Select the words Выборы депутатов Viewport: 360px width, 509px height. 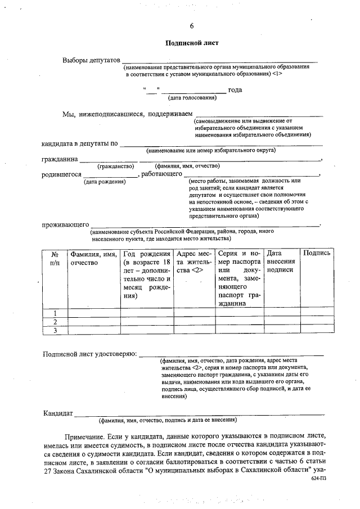(91, 60)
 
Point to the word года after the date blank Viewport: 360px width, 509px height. (235, 91)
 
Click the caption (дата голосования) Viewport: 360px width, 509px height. (192, 98)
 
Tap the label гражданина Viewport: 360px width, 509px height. (60, 159)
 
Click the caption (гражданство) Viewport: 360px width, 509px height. (115, 166)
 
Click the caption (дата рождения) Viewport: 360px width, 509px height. (105, 182)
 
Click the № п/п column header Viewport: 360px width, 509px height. (55, 258)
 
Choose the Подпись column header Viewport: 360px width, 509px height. (317, 254)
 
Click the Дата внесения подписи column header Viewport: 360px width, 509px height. (281, 262)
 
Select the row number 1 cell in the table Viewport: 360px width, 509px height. (55, 313)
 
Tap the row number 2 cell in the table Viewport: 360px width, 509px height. (55, 322)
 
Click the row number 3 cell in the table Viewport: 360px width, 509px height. (55, 331)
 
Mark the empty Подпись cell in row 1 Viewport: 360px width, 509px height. (317, 313)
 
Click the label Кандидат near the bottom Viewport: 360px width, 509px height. (58, 414)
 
